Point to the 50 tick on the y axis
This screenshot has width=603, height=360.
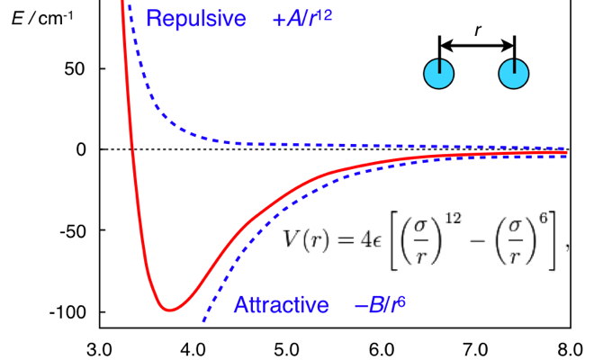pos(74,68)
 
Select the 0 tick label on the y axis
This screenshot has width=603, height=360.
pos(80,149)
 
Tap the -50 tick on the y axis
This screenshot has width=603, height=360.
pos(71,231)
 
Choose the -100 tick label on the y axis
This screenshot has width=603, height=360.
pos(67,312)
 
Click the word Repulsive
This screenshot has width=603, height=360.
pos(195,19)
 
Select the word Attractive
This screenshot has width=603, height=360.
pos(282,305)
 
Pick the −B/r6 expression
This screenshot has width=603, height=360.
pos(380,305)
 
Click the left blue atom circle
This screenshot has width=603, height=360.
pos(439,75)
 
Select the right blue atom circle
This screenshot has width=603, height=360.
pos(513,75)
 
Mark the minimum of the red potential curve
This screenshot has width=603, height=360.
pos(168,310)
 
